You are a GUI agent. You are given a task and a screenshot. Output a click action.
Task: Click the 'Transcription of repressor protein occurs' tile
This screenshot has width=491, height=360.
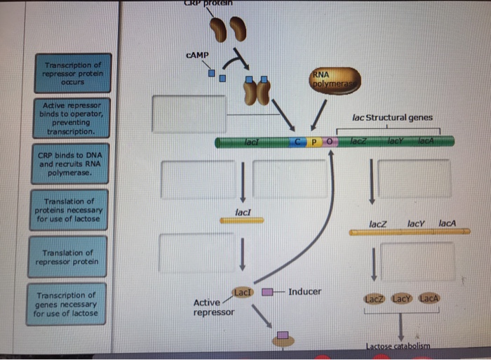(73, 74)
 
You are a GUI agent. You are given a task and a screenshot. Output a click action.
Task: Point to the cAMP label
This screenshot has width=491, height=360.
(198, 54)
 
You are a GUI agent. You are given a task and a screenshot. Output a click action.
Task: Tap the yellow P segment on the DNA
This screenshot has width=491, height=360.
(316, 142)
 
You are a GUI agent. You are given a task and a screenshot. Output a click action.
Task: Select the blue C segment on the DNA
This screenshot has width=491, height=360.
(300, 142)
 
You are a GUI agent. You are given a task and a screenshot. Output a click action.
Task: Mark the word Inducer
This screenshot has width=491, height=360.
(304, 291)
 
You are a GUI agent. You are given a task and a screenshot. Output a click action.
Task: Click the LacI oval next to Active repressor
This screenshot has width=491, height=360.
(242, 292)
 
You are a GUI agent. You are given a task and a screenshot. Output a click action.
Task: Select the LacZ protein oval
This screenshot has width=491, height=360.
(374, 298)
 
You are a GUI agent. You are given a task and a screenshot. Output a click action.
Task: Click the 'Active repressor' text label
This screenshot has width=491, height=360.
(213, 307)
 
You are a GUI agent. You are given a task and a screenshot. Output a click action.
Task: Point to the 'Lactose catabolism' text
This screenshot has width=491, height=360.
(398, 346)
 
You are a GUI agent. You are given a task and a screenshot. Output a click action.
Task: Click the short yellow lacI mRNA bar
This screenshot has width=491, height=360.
(241, 220)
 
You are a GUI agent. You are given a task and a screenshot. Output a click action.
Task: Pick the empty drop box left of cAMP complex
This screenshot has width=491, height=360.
(189, 114)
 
